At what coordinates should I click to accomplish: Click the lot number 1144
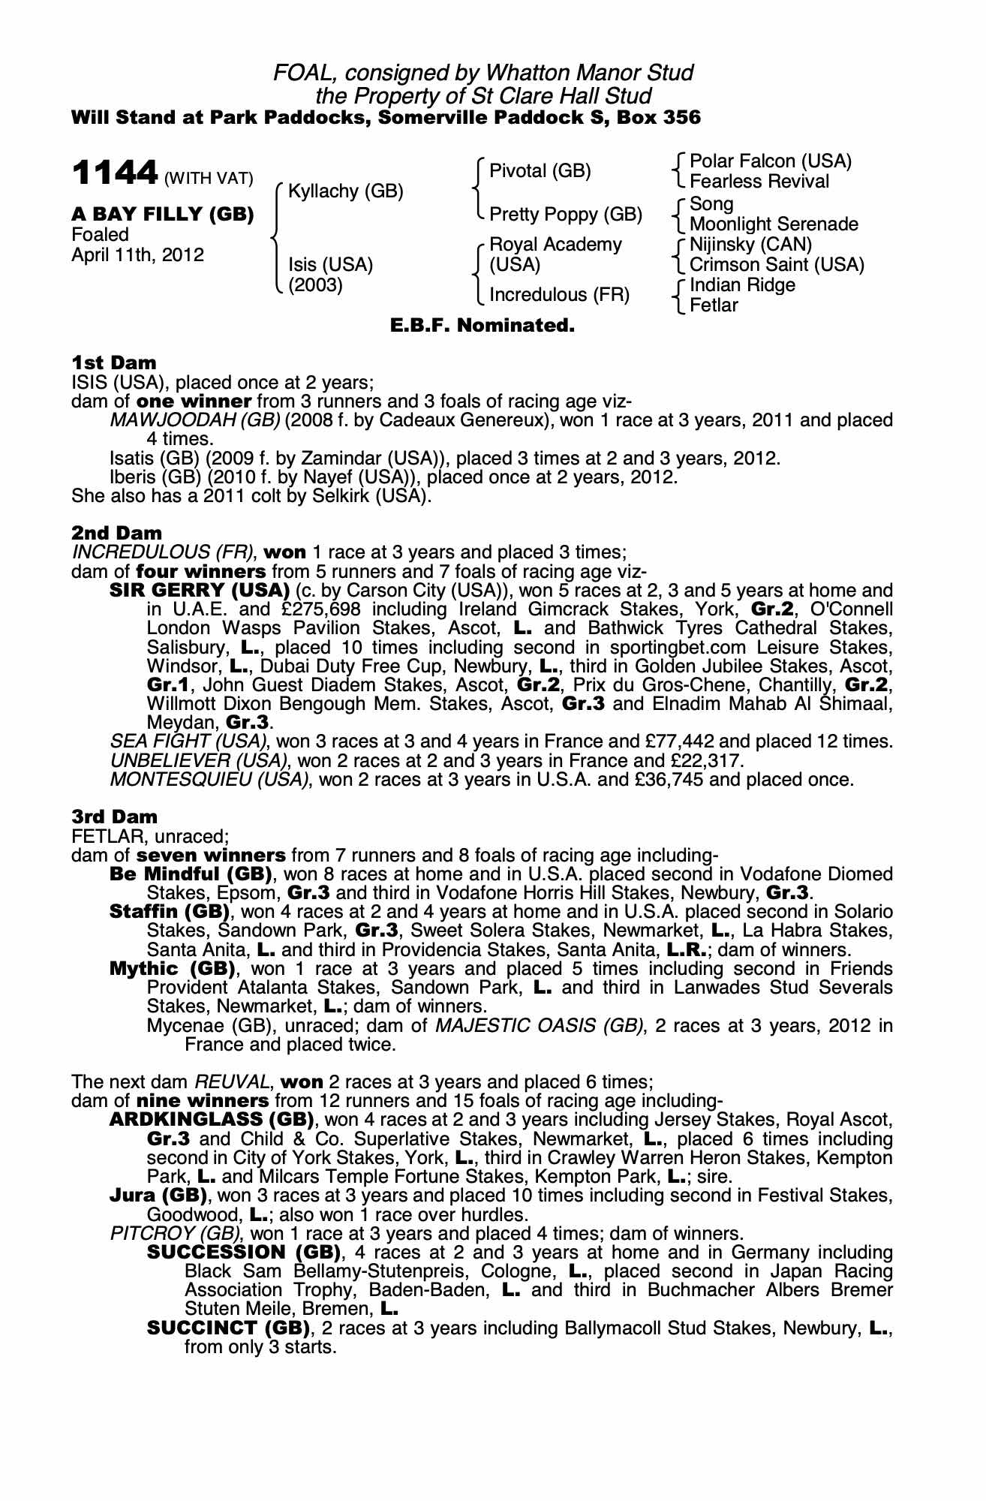click(114, 174)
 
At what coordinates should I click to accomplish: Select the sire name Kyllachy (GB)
click(345, 191)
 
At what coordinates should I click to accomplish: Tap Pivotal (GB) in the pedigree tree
click(540, 171)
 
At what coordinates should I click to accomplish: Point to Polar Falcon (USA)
click(770, 161)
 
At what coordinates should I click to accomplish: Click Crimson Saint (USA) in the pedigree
click(777, 265)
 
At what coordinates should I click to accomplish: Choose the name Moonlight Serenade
click(774, 224)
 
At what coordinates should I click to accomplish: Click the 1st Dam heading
click(114, 363)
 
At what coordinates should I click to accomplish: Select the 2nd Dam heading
click(116, 534)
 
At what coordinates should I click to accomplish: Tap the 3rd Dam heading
click(115, 817)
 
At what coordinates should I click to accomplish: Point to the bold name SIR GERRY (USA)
click(200, 591)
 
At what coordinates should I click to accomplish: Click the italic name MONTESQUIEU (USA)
click(210, 779)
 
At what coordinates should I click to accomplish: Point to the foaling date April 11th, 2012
click(137, 255)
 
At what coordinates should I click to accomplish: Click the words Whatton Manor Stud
click(589, 73)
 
